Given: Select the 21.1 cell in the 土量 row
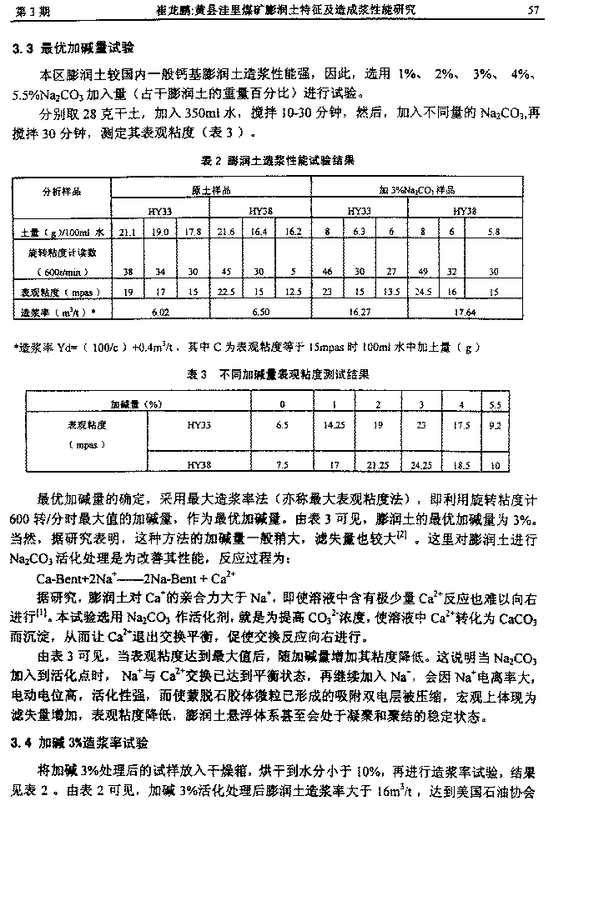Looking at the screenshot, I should pyautogui.click(x=128, y=231).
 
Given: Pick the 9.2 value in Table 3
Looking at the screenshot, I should pyautogui.click(x=496, y=424).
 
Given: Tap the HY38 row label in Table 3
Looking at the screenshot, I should pyautogui.click(x=199, y=465).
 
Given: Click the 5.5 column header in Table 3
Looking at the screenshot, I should pyautogui.click(x=496, y=403).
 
